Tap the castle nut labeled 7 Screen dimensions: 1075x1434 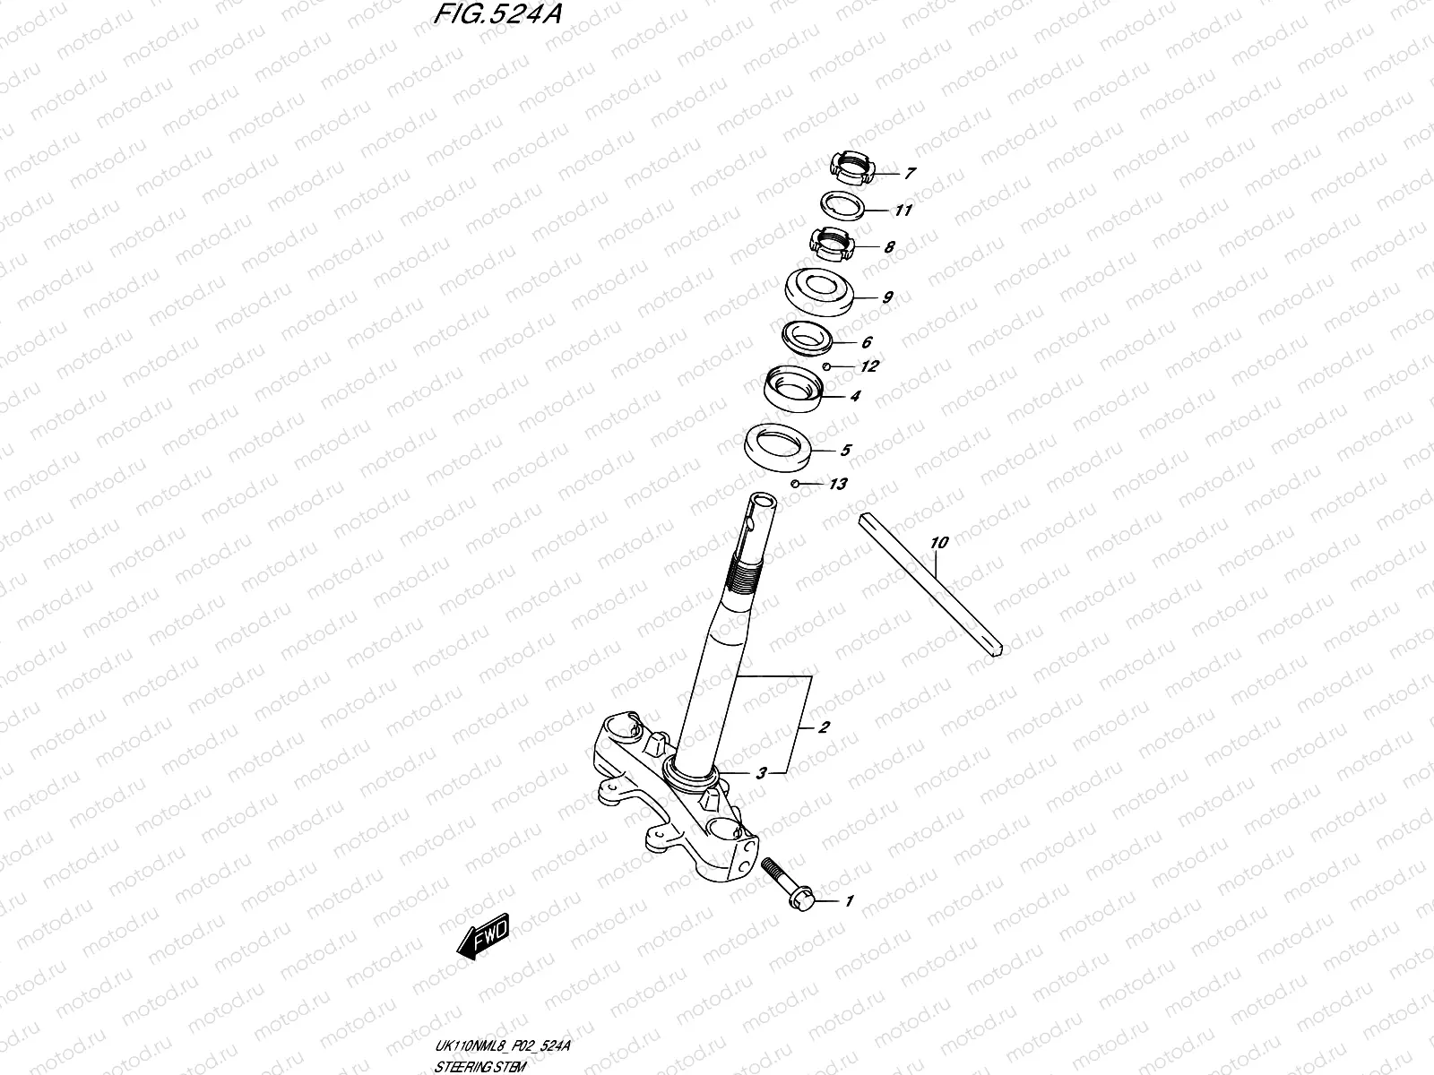pyautogui.click(x=849, y=168)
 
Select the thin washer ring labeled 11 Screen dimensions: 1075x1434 pyautogui.click(x=844, y=205)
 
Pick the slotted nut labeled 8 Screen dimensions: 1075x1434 pyautogui.click(x=829, y=243)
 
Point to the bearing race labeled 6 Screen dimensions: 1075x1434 pyautogui.click(x=808, y=337)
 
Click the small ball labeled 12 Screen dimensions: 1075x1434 pyautogui.click(x=827, y=366)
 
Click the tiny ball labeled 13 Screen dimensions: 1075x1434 pyautogui.click(x=795, y=484)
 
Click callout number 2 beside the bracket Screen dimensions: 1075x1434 pyautogui.click(x=824, y=727)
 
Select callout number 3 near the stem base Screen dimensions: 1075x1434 pyautogui.click(x=760, y=773)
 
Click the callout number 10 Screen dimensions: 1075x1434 pyautogui.click(x=938, y=542)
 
